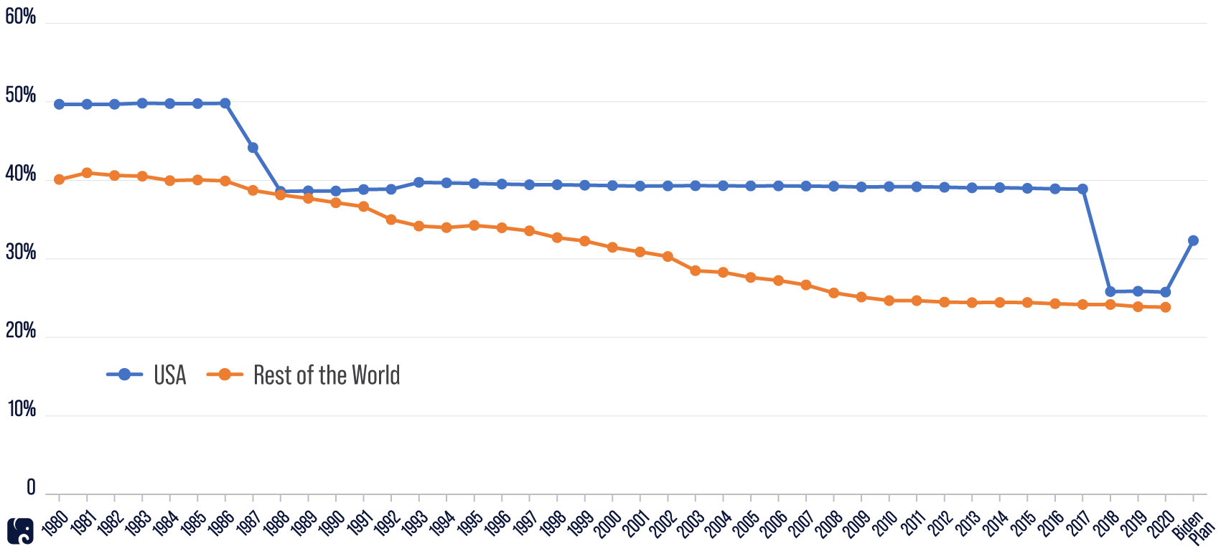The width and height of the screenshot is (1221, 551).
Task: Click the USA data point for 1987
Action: pos(253,148)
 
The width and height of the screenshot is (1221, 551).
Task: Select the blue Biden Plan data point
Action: pos(1193,240)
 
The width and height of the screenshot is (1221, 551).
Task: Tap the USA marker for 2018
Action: pos(1110,291)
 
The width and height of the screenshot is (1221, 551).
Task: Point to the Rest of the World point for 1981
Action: pos(87,173)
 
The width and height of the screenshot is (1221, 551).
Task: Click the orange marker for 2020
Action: pos(1165,307)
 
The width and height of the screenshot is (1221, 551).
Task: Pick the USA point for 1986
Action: pos(225,103)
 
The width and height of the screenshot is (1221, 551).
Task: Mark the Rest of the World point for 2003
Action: pos(695,270)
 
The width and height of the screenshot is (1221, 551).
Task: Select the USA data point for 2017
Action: pos(1082,189)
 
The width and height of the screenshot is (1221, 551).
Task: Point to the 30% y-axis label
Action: pos(20,253)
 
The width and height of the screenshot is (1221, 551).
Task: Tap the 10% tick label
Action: pos(20,410)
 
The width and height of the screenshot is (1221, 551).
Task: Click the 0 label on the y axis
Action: pos(31,488)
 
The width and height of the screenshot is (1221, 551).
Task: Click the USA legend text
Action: pos(170,375)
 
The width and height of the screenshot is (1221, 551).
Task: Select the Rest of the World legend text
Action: pos(327,375)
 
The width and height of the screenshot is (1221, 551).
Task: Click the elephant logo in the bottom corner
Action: pos(20,531)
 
